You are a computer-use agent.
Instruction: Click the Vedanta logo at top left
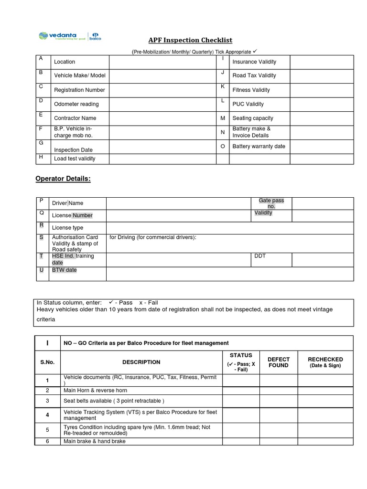pyautogui.click(x=57, y=36)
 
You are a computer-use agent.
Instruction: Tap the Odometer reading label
pyautogui.click(x=76, y=104)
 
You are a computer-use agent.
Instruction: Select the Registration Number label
pyautogui.click(x=79, y=90)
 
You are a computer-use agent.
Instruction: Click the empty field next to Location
pyautogui.click(x=162, y=62)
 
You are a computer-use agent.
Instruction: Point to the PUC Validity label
pyautogui.click(x=248, y=104)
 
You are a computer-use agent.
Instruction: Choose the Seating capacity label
pyautogui.click(x=253, y=118)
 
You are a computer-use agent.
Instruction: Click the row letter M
pyautogui.click(x=223, y=118)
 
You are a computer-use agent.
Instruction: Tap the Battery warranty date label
pyautogui.click(x=259, y=146)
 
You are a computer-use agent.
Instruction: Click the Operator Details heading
pyautogui.click(x=63, y=179)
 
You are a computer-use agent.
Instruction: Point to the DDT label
pyautogui.click(x=260, y=256)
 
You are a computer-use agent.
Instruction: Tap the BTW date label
pyautogui.click(x=64, y=270)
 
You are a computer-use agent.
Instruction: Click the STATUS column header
pyautogui.click(x=241, y=355)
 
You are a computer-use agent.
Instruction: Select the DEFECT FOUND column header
pyautogui.click(x=279, y=362)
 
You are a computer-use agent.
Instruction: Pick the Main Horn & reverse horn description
pyautogui.click(x=96, y=390)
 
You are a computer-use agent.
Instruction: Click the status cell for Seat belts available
pyautogui.click(x=241, y=401)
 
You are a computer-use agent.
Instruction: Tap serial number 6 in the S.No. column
pyautogui.click(x=47, y=441)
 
